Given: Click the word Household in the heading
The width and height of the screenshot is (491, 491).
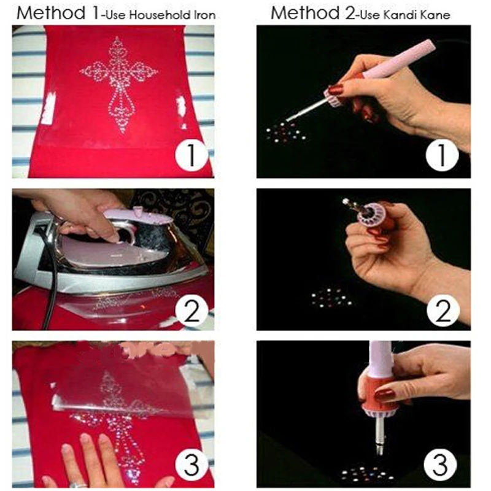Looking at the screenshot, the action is tap(160, 15).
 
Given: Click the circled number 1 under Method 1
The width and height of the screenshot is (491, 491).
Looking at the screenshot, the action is tap(191, 155).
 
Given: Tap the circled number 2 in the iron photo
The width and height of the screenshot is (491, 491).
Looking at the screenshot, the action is tap(191, 311).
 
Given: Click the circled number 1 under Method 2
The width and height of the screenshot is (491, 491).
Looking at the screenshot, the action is tap(442, 155).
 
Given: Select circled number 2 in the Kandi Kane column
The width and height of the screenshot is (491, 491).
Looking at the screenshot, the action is tap(443, 311).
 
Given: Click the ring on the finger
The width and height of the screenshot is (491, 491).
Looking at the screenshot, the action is tap(78, 485).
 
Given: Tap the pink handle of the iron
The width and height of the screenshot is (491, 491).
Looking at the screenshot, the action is tap(137, 216).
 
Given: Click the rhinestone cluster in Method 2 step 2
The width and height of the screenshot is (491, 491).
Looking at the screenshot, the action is tap(331, 298).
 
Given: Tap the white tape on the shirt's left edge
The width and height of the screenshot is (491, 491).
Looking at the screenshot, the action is tap(49, 107).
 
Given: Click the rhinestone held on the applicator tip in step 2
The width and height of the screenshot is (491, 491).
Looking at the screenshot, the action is tap(346, 202).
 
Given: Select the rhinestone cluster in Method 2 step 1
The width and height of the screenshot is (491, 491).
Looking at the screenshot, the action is tap(285, 133).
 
